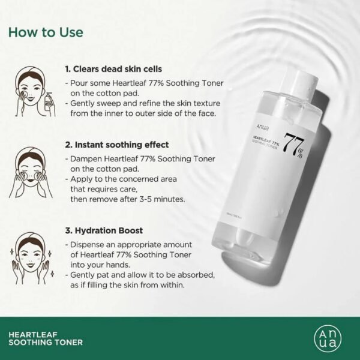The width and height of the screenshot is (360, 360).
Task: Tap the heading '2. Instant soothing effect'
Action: pos(117,145)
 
